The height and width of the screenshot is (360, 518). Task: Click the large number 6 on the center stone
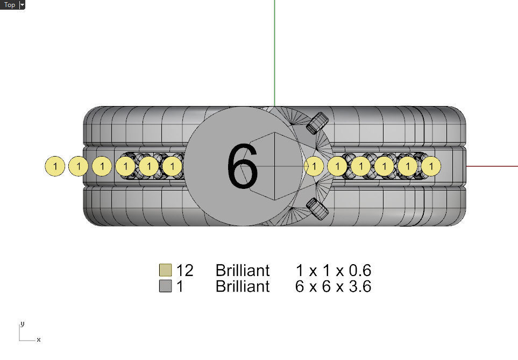click(243, 166)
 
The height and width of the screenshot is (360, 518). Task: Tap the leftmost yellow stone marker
click(55, 166)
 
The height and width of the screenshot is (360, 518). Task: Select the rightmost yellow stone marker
click(431, 166)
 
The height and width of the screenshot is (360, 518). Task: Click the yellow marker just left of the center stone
click(172, 166)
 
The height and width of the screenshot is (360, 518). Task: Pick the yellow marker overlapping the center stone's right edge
click(314, 166)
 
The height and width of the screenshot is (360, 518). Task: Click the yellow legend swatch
click(166, 270)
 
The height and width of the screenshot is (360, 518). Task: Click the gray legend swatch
click(166, 286)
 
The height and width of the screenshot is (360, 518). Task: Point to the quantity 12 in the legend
click(185, 271)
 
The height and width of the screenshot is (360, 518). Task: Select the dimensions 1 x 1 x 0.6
click(333, 271)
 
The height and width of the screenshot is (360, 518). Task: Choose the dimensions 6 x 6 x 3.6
click(333, 286)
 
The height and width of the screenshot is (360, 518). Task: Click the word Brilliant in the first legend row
click(243, 271)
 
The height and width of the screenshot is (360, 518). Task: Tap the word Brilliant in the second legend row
click(243, 286)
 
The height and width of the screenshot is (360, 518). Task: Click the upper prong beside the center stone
click(317, 123)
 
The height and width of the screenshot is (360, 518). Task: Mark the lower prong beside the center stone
click(317, 209)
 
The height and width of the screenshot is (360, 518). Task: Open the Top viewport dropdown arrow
click(22, 5)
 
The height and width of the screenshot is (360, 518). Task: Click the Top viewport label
click(10, 5)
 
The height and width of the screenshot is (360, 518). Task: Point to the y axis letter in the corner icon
click(23, 324)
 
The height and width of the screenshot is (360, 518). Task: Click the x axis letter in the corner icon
click(39, 340)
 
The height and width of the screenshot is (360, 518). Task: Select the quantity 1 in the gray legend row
click(180, 286)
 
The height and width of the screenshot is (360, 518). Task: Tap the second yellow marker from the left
click(79, 166)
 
